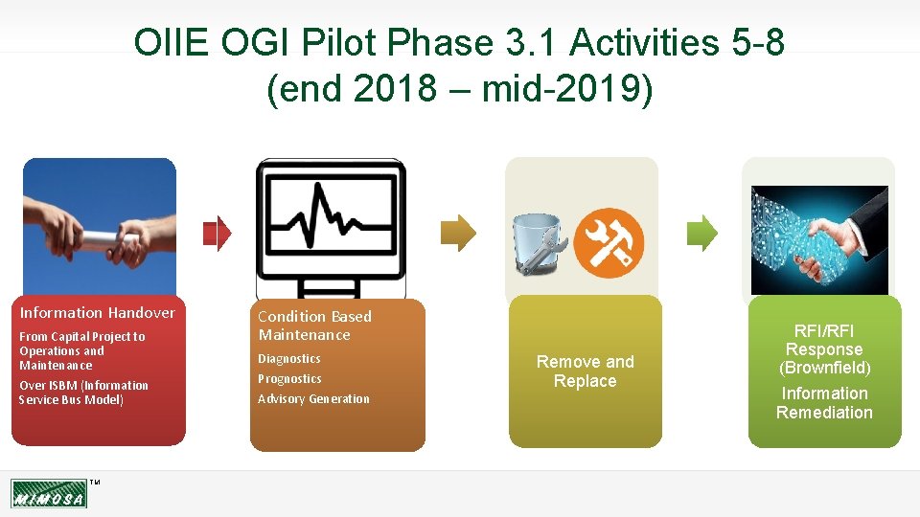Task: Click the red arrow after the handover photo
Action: [x=218, y=233]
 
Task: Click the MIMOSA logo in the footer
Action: [x=49, y=494]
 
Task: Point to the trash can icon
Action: [x=538, y=243]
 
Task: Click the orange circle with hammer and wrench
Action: [x=615, y=242]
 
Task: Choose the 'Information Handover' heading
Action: [x=98, y=313]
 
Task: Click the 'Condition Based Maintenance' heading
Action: [x=314, y=326]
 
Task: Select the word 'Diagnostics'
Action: [x=289, y=359]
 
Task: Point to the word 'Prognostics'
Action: [x=289, y=379]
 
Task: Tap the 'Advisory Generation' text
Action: [x=313, y=399]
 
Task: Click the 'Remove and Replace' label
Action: [x=585, y=371]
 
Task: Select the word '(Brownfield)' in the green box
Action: [x=824, y=368]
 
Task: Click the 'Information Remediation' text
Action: [x=824, y=403]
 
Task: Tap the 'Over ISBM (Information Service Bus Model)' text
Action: [x=84, y=393]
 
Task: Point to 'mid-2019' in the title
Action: [x=566, y=89]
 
